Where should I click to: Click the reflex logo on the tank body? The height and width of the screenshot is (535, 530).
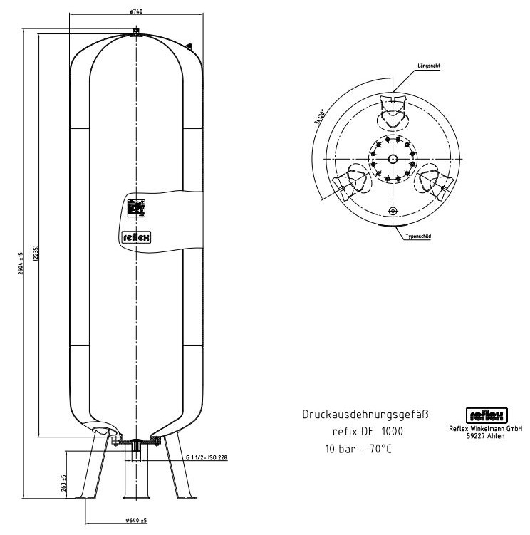coord(134,237)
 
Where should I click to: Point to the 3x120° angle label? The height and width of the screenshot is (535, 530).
coord(319,116)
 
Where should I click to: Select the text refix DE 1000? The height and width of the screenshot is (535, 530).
coord(367,431)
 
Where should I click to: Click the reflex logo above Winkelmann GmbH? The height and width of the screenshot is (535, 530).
coord(486,415)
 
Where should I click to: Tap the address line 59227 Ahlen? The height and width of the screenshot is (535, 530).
coord(486,436)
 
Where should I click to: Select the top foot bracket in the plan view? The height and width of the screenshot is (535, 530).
coord(393,108)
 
